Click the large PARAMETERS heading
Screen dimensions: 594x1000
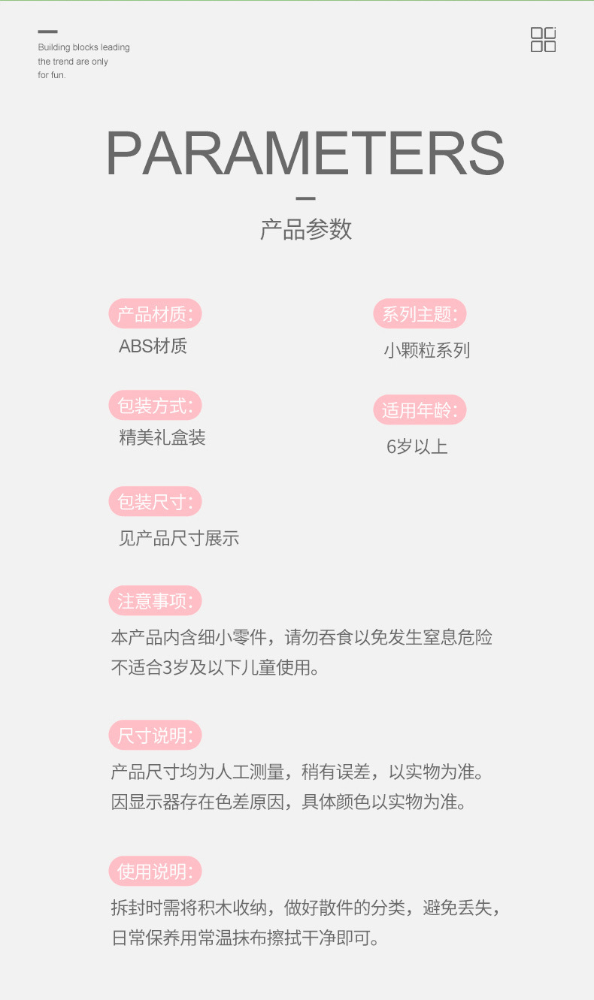tap(305, 154)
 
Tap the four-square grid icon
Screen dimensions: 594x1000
tap(543, 40)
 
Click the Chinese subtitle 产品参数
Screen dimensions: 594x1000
tap(305, 229)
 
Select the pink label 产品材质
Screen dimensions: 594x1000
tap(155, 314)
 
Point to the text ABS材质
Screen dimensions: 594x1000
tap(153, 346)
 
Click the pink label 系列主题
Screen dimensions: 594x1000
tap(420, 314)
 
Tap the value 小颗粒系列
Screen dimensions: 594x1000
tap(426, 350)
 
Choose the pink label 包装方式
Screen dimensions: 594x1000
tap(155, 406)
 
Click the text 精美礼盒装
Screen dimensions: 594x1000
tap(162, 438)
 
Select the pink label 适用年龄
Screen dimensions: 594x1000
tap(420, 410)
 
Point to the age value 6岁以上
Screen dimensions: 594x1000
tap(417, 447)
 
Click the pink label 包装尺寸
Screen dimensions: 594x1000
tap(155, 502)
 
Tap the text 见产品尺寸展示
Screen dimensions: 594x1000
tap(178, 538)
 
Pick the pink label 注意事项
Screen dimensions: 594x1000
tap(155, 601)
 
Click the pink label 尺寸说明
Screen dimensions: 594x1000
tap(155, 736)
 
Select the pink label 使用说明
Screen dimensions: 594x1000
tap(155, 872)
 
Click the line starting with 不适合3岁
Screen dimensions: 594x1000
tap(215, 667)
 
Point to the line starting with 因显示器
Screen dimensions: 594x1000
tap(289, 802)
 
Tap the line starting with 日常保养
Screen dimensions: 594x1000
tap(245, 938)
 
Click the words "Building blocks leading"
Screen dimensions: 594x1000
tap(83, 47)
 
